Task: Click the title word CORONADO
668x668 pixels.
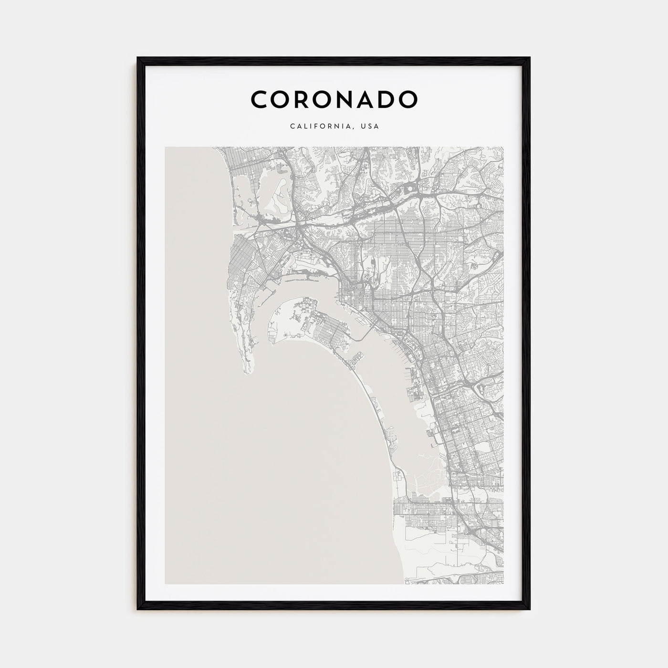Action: (334, 99)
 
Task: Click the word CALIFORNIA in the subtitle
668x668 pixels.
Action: (321, 127)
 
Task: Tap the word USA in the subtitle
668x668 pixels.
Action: (370, 127)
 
